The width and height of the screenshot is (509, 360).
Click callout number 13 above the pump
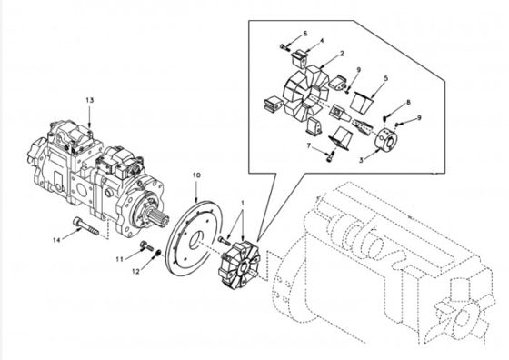coord(90,100)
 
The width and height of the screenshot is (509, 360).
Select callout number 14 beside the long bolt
coord(56,240)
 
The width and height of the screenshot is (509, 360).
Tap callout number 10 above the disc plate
coord(196,175)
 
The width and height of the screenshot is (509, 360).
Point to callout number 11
coord(120,259)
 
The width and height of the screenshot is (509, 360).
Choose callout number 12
coord(135,272)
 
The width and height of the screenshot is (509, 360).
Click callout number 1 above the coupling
coord(243,203)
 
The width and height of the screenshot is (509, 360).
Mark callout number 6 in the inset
coord(305,34)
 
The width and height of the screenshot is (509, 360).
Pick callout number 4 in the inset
coord(322,41)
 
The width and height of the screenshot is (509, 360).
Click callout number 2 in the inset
coord(342,54)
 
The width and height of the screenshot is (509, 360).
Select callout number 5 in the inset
coord(385,78)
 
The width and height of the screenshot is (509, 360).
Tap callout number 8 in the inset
coord(408,102)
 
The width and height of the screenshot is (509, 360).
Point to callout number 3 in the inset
coord(361,160)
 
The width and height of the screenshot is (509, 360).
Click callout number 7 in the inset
coord(309,146)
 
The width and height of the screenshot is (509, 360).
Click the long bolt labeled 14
coord(86,226)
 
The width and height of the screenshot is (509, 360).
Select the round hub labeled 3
coord(386,138)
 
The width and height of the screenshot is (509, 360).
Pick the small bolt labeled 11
coord(147,246)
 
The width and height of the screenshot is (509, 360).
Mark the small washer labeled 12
coord(158,253)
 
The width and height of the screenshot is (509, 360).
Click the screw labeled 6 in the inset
coord(285,47)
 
